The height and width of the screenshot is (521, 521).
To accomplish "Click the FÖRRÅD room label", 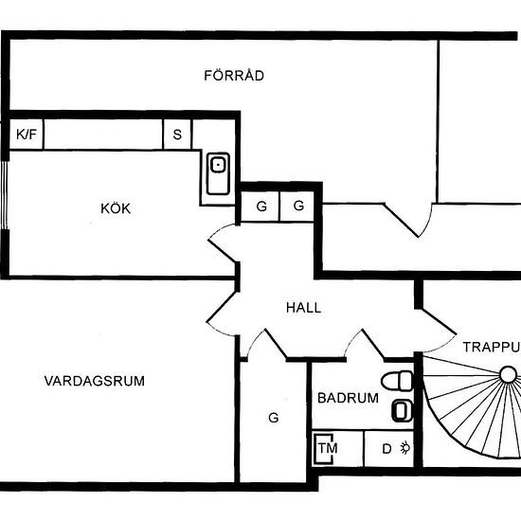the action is point(234,75).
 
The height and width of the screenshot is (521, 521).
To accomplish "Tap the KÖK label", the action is point(116,208).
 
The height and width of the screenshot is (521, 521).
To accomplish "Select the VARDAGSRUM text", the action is point(95,381).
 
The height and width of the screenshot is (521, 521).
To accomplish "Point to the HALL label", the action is point(303,308).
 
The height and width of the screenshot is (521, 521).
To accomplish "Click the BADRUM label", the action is point(348,398).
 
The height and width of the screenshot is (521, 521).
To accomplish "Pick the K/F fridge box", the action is point(27,135).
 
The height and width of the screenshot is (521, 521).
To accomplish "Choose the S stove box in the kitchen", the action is point(177,135).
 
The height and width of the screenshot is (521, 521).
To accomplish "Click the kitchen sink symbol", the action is point(218,173).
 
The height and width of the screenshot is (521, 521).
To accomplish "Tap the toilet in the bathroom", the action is point(397,381).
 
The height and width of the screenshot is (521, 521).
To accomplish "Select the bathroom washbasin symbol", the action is point(402,411).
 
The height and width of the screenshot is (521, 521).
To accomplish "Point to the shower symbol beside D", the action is point(405,448).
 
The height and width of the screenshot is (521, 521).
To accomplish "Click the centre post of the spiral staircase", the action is point(508,374).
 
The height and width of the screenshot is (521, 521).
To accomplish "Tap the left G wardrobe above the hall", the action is point(260,207).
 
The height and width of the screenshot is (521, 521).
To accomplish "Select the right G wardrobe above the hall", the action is point(297,207).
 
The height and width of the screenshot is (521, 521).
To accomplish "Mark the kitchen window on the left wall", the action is point(5,195).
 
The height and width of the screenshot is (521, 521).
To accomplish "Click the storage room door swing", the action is point(409,220).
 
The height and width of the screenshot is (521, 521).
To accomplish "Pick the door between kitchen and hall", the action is point(222,243).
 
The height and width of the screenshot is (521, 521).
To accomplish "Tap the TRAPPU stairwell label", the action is point(492,348).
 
